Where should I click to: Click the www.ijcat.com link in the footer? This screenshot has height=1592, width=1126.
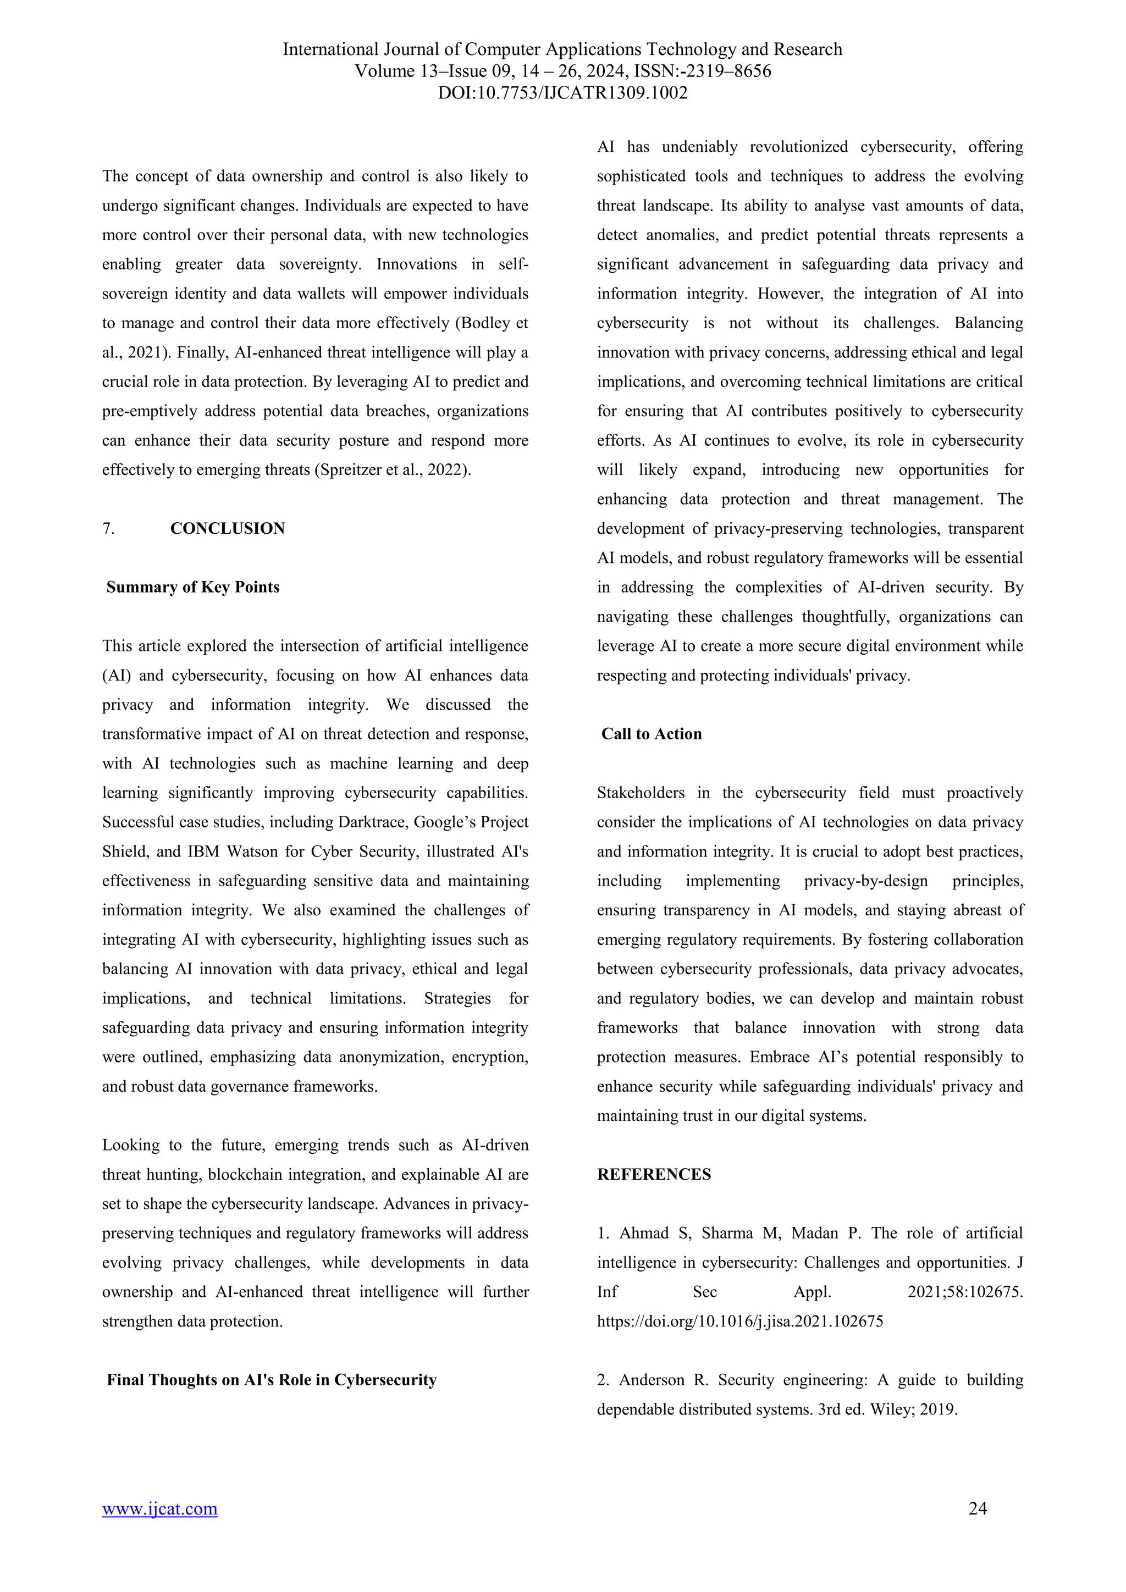159,1508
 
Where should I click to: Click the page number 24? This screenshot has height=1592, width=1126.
977,1508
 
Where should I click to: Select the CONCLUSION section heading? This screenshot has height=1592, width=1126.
228,528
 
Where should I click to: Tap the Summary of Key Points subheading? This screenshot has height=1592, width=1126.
193,587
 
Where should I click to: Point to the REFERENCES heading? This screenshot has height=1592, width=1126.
654,1174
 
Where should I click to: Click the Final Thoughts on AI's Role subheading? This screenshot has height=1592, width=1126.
271,1380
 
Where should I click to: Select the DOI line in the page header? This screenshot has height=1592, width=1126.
562,93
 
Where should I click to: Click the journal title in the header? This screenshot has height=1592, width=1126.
562,49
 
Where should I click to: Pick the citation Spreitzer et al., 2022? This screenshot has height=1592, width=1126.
393,469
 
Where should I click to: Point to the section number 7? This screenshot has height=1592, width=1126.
108,528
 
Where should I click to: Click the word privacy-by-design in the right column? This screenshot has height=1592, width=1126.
865,881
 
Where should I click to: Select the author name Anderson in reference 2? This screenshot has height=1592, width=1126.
651,1380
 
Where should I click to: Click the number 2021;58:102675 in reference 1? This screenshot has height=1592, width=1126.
964,1292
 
